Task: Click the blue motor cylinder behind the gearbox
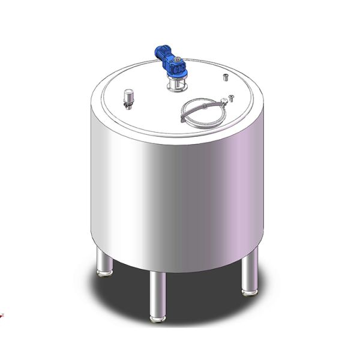[x=164, y=53]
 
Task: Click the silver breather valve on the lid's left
[x=128, y=96]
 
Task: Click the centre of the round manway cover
[x=205, y=113]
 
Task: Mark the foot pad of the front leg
[x=157, y=318]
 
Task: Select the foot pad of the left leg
[x=105, y=274]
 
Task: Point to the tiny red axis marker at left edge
[x=2, y=314]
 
